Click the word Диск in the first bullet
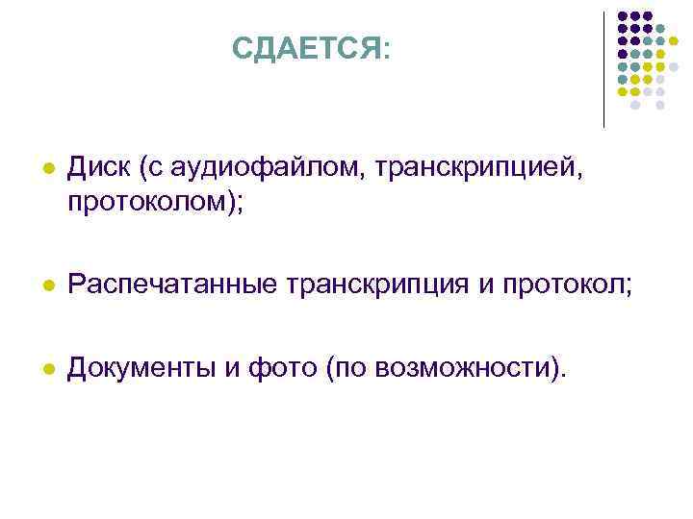[x=100, y=170]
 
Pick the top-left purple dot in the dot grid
[x=623, y=16]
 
